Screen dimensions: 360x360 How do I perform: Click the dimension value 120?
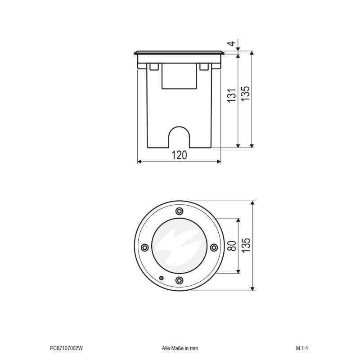[x=179, y=155]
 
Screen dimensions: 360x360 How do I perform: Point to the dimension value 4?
[x=231, y=44]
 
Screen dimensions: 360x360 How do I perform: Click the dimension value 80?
[x=231, y=246]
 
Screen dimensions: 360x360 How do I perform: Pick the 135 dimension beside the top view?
[x=245, y=246]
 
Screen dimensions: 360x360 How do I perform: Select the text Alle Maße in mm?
[x=180, y=348]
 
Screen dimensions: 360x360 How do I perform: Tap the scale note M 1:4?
[x=301, y=348]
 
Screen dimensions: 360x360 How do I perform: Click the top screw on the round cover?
[x=179, y=211]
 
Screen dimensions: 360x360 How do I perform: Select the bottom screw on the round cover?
[x=179, y=280]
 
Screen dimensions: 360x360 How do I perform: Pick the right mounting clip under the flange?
[x=204, y=67]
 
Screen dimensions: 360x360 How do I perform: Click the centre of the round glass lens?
[x=179, y=246]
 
